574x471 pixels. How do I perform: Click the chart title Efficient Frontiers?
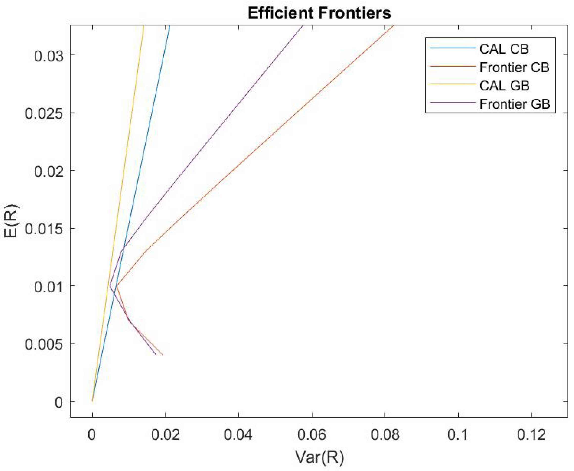pyautogui.click(x=319, y=13)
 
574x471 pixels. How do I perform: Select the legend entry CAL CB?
pyautogui.click(x=504, y=49)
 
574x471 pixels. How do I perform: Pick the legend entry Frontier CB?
pyautogui.click(x=514, y=67)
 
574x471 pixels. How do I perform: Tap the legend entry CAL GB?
pyautogui.click(x=504, y=86)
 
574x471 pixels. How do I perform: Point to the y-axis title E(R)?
pyautogui.click(x=11, y=221)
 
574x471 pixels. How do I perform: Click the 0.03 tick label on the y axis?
pyautogui.click(x=48, y=56)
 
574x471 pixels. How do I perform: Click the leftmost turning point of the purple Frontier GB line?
pyautogui.click(x=110, y=286)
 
